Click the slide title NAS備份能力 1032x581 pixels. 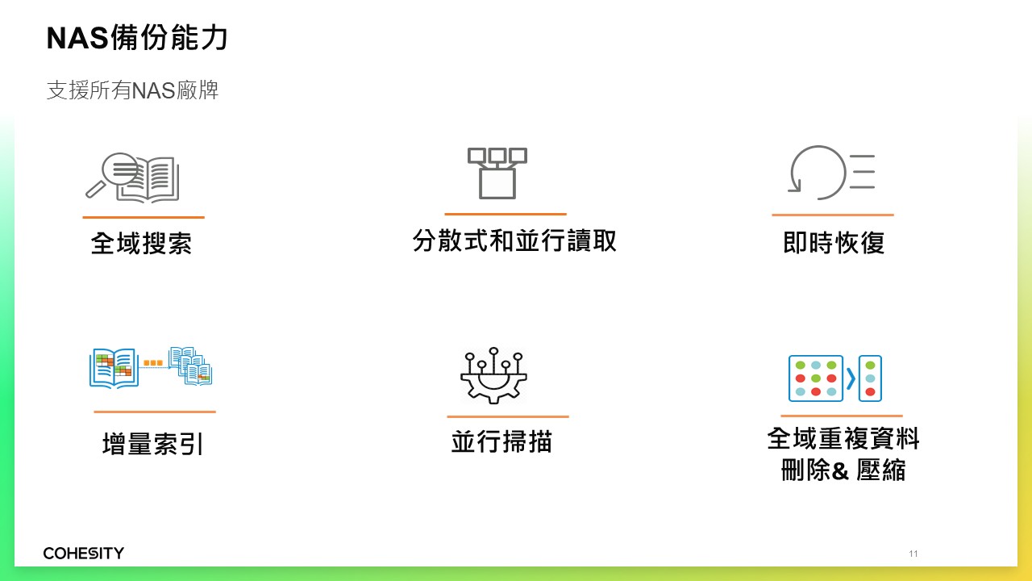[x=137, y=37]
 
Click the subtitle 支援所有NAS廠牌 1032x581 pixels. [x=133, y=90]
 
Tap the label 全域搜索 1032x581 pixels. [x=141, y=243]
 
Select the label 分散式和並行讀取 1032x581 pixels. [x=514, y=240]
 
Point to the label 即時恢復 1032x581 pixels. [x=834, y=243]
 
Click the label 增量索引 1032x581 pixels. [x=152, y=444]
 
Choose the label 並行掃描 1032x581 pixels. [x=501, y=441]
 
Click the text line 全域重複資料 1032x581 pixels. [x=843, y=438]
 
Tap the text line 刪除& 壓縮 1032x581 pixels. [x=843, y=470]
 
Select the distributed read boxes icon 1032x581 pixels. [x=497, y=173]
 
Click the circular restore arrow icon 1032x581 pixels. [x=818, y=173]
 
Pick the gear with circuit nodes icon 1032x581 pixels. [x=493, y=376]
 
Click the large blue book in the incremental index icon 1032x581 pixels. [x=114, y=369]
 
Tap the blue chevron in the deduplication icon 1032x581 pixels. [x=851, y=378]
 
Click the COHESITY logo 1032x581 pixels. [x=83, y=553]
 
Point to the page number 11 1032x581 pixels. [x=913, y=554]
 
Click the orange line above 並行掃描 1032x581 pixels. [x=508, y=417]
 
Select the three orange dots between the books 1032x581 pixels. [x=153, y=363]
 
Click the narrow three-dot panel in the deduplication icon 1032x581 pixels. [x=870, y=378]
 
